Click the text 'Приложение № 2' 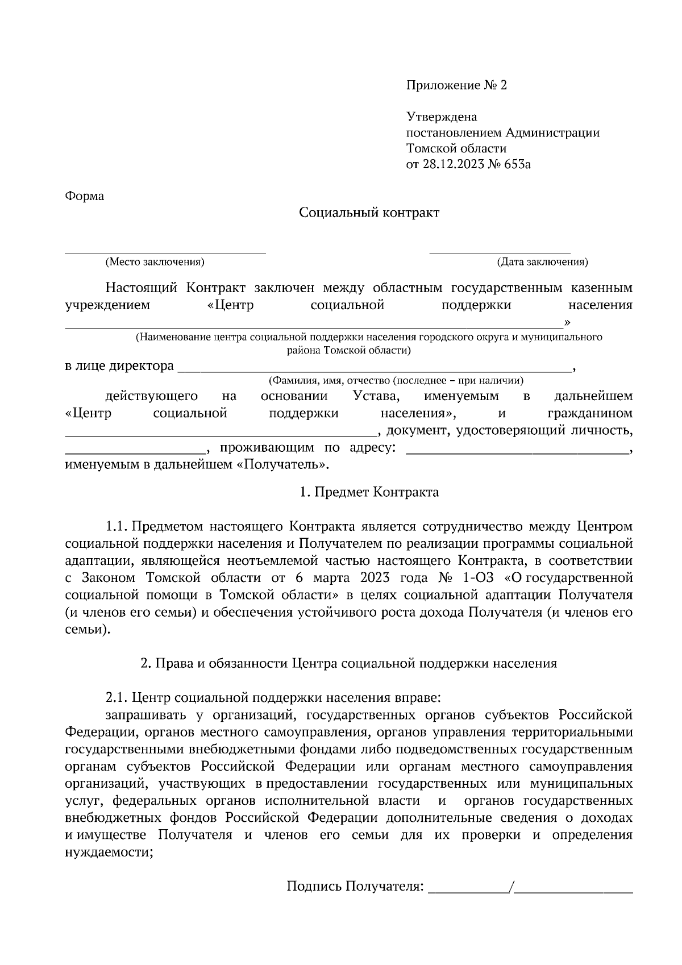[x=456, y=85]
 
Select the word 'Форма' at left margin [x=85, y=197]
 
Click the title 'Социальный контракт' [x=369, y=213]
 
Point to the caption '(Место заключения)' [x=155, y=262]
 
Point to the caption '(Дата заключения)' [x=542, y=262]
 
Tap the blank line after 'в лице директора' [x=375, y=370]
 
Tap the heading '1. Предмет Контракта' [x=369, y=492]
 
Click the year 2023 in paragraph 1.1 [x=374, y=579]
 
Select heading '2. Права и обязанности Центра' [x=349, y=663]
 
